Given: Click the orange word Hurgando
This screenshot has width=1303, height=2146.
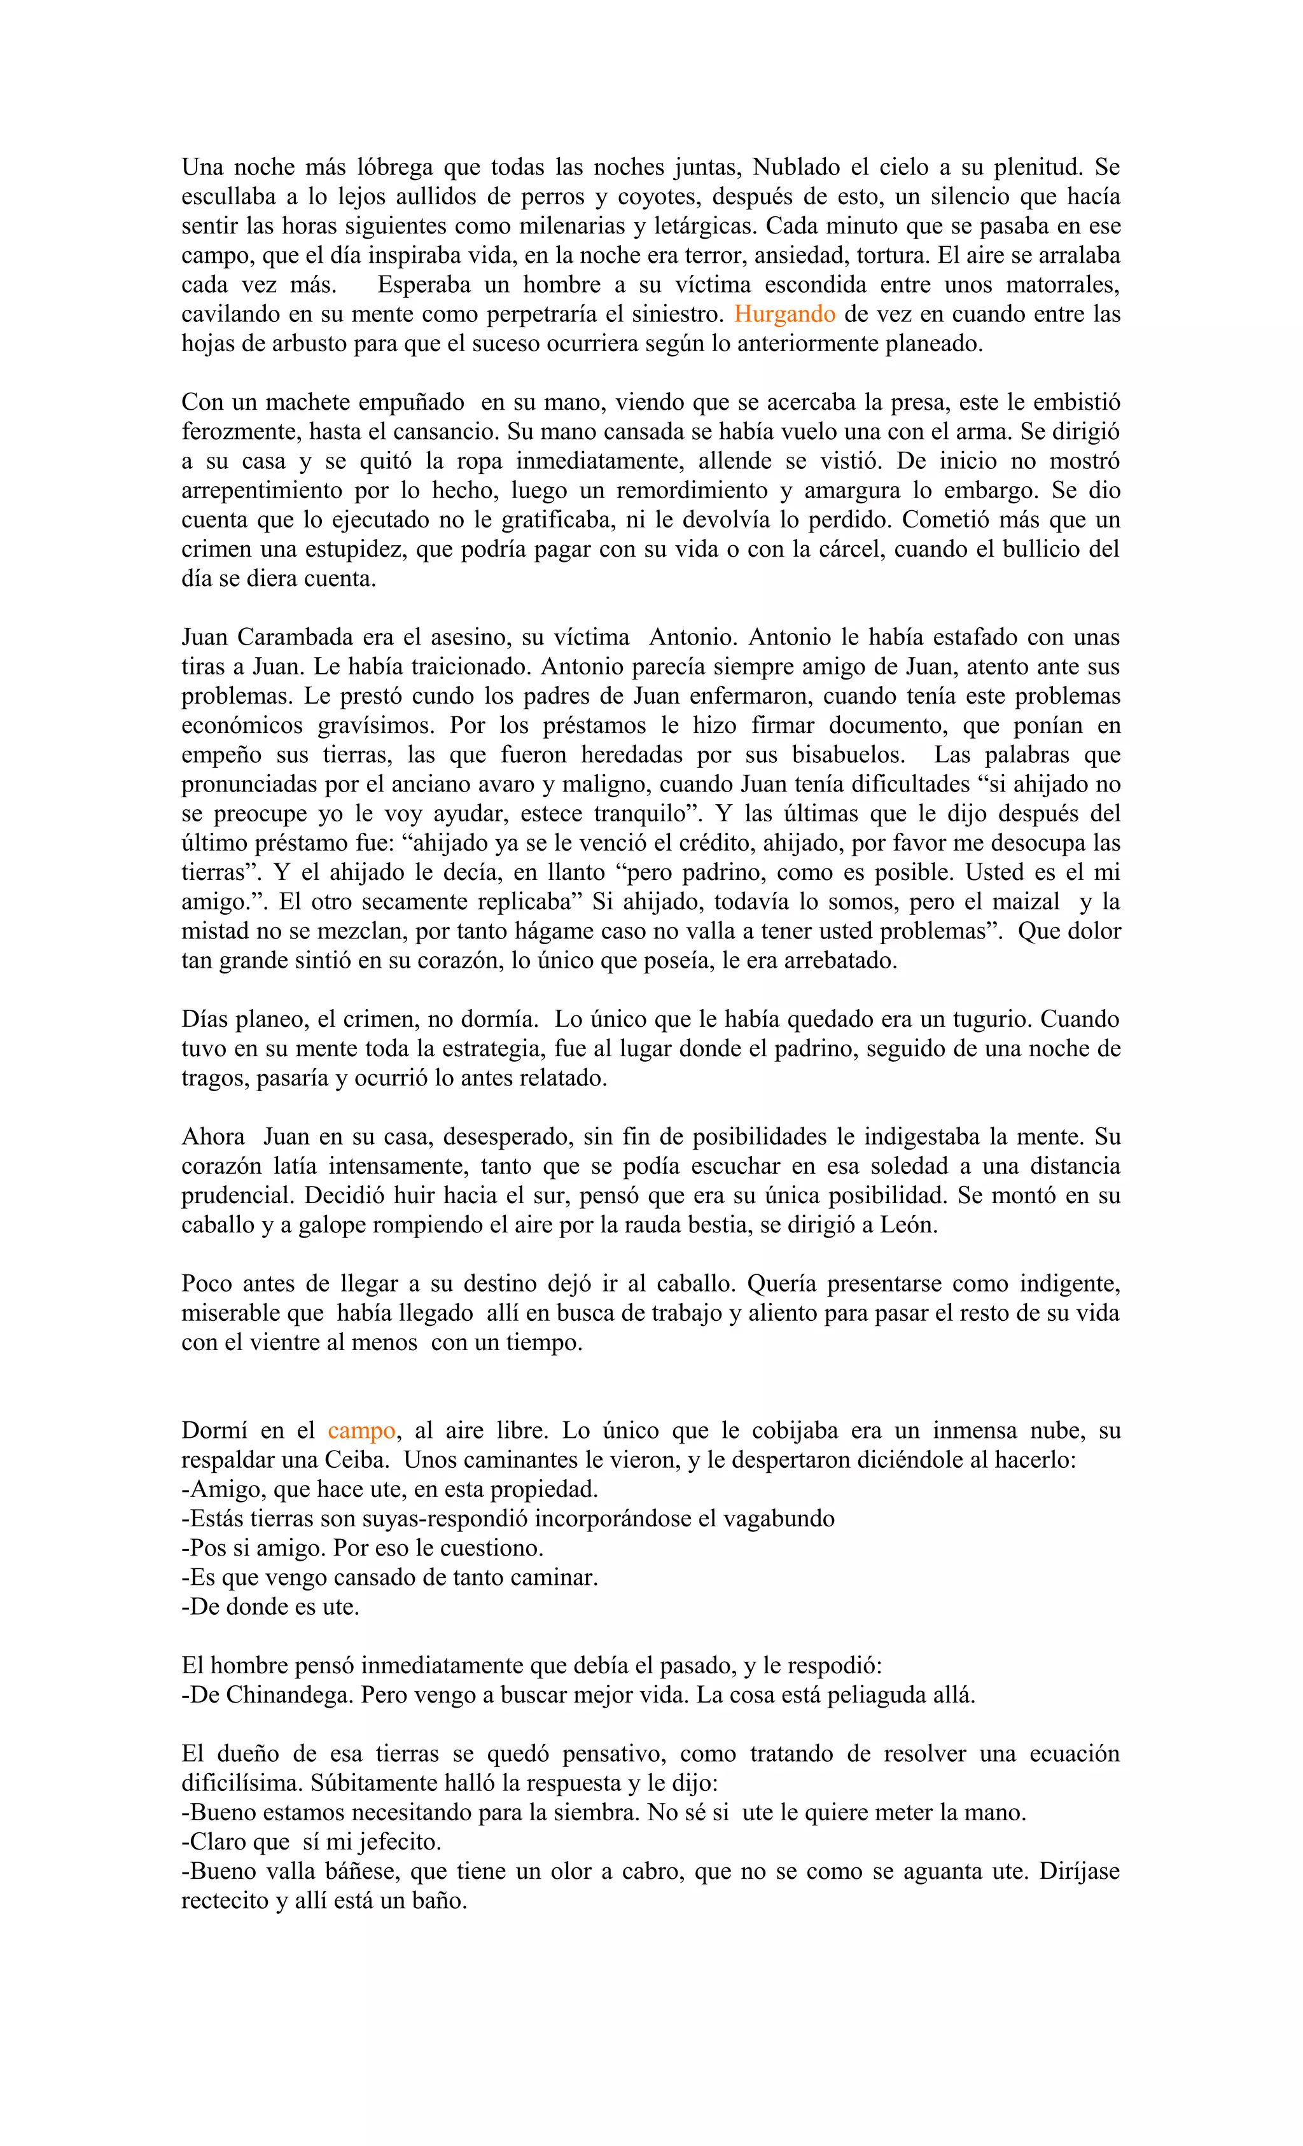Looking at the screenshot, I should tap(784, 314).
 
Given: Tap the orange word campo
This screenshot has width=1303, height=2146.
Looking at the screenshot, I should tap(361, 1430).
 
